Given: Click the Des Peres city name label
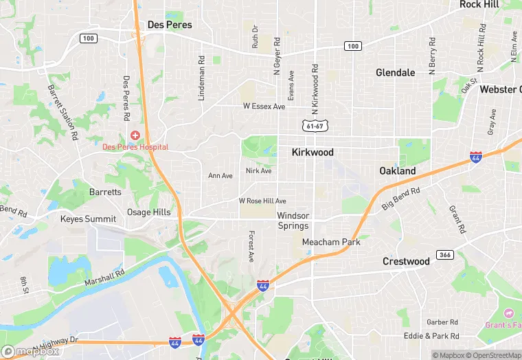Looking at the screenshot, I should click(x=170, y=25).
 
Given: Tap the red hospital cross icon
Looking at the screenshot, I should click(x=135, y=135).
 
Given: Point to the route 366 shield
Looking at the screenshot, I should click(x=444, y=255).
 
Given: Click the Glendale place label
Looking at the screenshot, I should click(x=395, y=73).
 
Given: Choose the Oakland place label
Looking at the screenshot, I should click(x=398, y=170).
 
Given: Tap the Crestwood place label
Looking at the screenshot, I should click(x=406, y=261).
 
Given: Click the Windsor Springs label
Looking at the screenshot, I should click(x=293, y=221).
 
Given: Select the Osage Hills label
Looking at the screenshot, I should click(x=148, y=212).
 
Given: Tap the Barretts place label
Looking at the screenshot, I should click(x=105, y=192).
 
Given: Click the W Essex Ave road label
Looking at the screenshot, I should click(x=264, y=106).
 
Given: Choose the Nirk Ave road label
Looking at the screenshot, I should click(x=259, y=170).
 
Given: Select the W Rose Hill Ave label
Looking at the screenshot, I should click(x=262, y=201).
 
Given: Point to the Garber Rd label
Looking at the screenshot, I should click(x=442, y=322).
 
